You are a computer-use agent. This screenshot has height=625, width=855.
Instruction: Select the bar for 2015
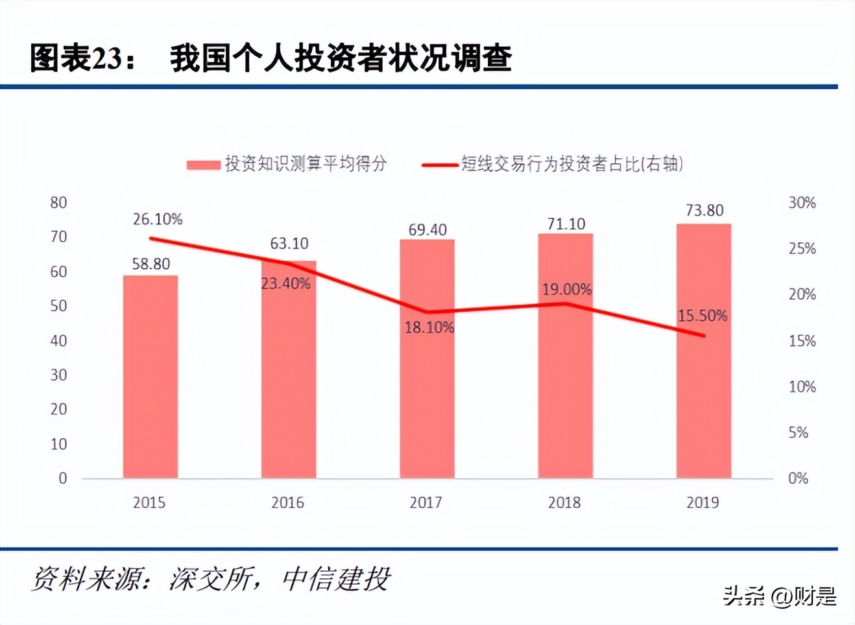click(x=151, y=377)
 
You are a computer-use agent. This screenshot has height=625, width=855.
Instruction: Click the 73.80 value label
click(x=704, y=211)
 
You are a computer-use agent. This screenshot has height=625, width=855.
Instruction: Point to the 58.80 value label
click(x=151, y=264)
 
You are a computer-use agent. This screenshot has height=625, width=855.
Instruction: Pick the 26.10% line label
click(x=158, y=220)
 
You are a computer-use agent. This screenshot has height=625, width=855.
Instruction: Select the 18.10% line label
click(x=429, y=328)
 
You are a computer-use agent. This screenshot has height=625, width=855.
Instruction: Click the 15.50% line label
click(x=703, y=316)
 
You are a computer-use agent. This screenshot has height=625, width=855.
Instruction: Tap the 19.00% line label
click(x=566, y=290)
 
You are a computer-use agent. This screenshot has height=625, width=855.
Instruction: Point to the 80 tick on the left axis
click(x=58, y=203)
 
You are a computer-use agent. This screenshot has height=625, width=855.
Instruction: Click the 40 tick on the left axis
click(x=58, y=341)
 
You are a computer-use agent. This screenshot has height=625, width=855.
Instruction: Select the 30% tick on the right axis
click(x=802, y=203)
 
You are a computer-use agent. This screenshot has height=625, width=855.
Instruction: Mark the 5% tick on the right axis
click(x=798, y=432)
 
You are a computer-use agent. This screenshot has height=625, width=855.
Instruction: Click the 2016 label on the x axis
click(x=287, y=502)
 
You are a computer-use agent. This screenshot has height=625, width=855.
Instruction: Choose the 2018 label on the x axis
click(x=564, y=502)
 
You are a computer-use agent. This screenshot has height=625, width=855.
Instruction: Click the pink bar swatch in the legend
click(x=204, y=165)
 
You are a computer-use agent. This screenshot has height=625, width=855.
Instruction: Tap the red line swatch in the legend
click(x=440, y=165)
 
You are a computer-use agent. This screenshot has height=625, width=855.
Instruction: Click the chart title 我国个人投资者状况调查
click(x=341, y=58)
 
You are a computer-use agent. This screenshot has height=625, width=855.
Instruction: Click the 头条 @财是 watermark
click(x=779, y=596)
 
